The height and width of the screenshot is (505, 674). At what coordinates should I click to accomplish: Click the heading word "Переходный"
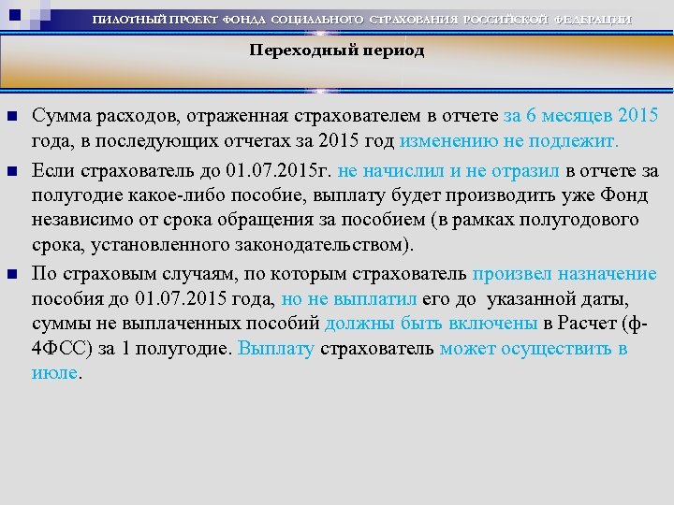pyautogui.click(x=293, y=51)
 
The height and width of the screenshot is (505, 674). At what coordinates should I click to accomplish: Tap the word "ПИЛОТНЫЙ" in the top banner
pyautogui.click(x=132, y=21)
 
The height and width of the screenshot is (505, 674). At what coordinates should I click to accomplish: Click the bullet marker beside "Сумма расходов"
pyautogui.click(x=12, y=117)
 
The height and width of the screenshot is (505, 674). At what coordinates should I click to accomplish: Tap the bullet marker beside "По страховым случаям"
pyautogui.click(x=12, y=275)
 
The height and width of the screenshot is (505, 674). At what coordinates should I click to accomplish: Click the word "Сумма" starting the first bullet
pyautogui.click(x=57, y=117)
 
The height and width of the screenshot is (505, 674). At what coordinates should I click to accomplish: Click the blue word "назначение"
pyautogui.click(x=608, y=275)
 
